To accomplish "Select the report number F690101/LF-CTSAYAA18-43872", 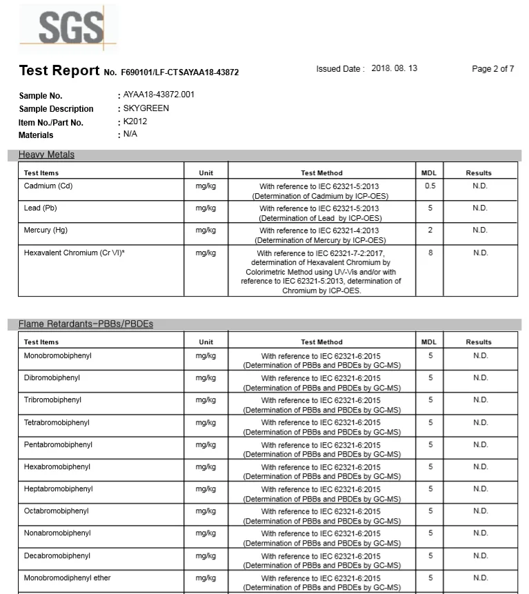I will click(x=180, y=72).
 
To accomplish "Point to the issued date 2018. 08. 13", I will click(x=394, y=69).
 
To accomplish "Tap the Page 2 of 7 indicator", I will click(x=492, y=69).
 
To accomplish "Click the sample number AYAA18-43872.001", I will click(x=159, y=95).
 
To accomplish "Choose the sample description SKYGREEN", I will click(x=146, y=108).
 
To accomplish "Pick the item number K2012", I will click(x=135, y=121).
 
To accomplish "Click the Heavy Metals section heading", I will click(x=46, y=155).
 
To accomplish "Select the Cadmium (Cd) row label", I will click(x=48, y=186).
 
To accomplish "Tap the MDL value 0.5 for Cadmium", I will click(x=430, y=186).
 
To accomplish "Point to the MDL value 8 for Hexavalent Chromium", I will click(x=430, y=253).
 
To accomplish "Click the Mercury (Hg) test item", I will click(x=46, y=230).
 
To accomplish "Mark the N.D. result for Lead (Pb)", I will click(x=479, y=208).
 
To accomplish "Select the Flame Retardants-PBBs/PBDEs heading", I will click(x=86, y=324).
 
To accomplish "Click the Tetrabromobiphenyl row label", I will click(x=57, y=422).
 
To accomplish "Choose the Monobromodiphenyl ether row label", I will click(x=67, y=578).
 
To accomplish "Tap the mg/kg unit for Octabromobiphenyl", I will click(x=206, y=511).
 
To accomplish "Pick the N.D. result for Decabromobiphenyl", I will click(x=479, y=556).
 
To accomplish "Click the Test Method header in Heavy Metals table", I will click(x=321, y=173).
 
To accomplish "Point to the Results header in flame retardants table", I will click(x=479, y=342).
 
